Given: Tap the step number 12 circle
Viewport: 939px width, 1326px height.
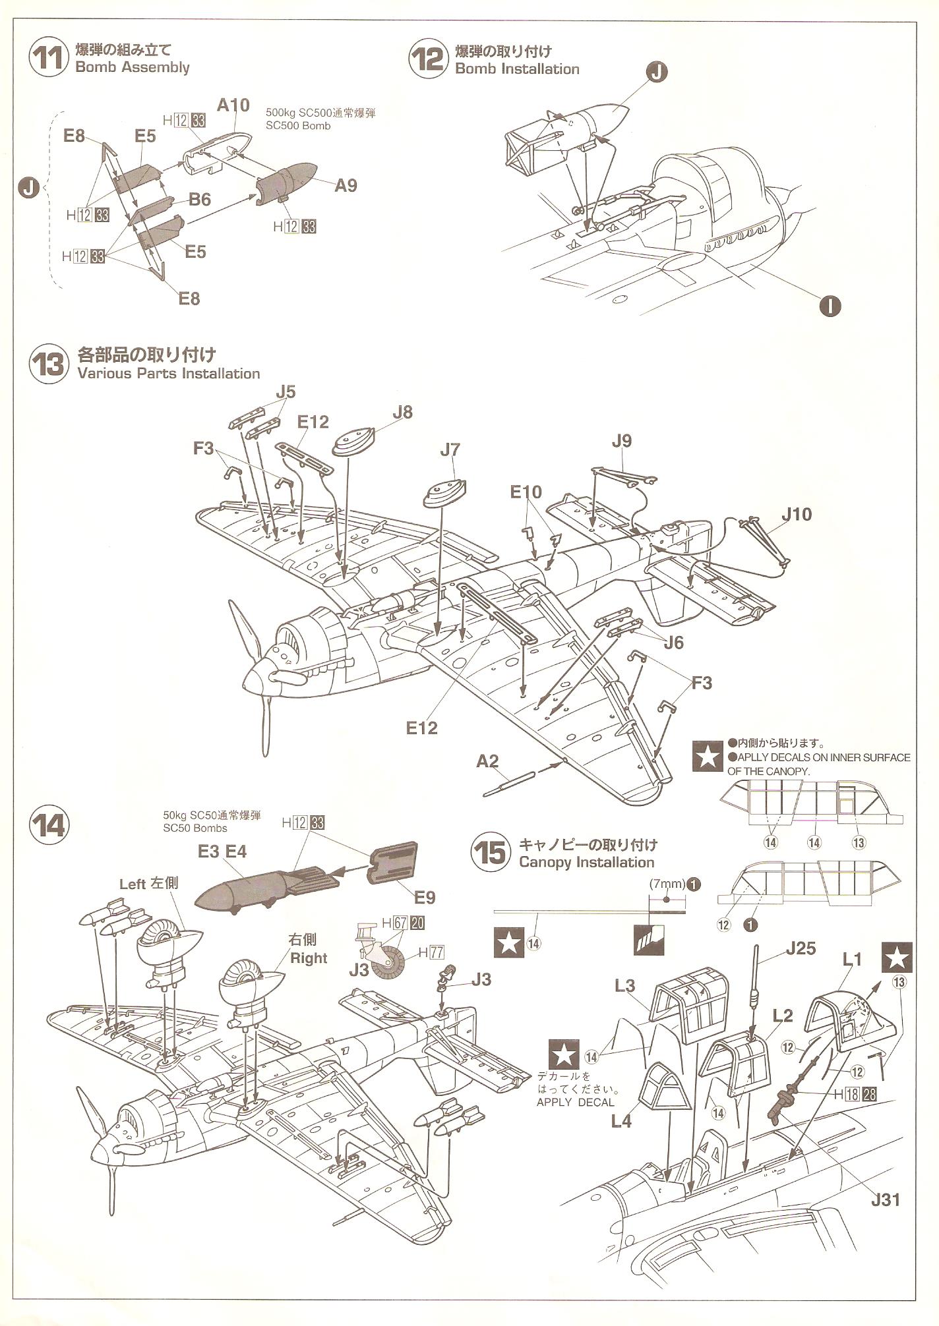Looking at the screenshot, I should coord(429,59).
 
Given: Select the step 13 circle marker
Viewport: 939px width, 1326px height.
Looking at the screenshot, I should coord(49,364).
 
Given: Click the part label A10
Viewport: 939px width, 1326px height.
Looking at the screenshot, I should coord(233,105).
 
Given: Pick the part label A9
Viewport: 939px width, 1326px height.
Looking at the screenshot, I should coord(345,186).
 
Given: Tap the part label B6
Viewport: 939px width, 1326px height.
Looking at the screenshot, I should coord(199,199).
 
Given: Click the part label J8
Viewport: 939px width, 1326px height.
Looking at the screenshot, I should coord(402,412).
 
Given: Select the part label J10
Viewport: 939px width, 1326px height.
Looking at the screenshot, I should coord(797,514).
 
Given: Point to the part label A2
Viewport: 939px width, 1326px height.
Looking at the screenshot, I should coord(487,761).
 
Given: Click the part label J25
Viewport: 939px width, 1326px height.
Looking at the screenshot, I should coord(800,949).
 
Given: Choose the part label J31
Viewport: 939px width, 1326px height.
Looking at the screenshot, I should coord(884,1199).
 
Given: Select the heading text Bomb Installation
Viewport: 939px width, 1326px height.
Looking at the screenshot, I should coord(517,69).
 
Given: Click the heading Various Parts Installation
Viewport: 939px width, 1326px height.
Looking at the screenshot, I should coord(168,374).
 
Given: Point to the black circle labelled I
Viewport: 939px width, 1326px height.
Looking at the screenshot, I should coord(830,305).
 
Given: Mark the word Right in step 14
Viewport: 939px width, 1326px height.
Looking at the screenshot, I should coord(309,958).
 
